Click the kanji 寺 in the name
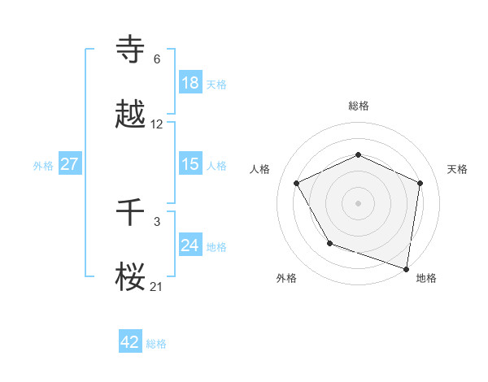click(131, 50)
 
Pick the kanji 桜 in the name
click(131, 276)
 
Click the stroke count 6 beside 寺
click(157, 59)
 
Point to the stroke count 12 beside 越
click(157, 124)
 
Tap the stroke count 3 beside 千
click(157, 221)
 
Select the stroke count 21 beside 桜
click(157, 286)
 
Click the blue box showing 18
click(190, 83)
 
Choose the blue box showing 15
click(190, 164)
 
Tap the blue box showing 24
click(190, 245)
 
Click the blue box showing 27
click(69, 164)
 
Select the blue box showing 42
click(130, 342)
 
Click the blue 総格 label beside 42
click(156, 344)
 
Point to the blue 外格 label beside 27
click(43, 165)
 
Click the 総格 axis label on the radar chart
click(359, 106)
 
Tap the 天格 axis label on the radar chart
click(458, 169)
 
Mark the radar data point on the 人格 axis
click(297, 182)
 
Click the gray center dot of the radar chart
click(359, 202)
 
